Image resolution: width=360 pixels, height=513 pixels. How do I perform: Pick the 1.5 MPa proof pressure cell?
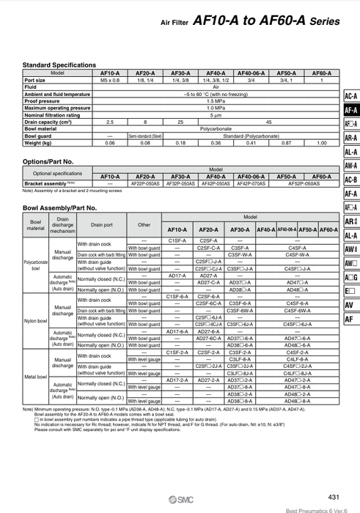tap(216, 101)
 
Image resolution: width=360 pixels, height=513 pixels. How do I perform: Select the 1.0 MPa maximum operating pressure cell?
tap(216, 108)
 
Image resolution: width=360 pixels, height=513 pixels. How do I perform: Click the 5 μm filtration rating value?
tap(216, 115)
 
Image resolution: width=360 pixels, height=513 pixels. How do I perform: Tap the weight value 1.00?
tap(321, 142)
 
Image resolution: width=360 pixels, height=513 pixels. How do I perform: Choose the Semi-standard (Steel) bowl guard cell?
tap(145, 136)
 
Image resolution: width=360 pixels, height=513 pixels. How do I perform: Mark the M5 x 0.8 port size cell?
tap(110, 80)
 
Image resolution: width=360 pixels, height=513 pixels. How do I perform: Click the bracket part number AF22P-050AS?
tap(145, 183)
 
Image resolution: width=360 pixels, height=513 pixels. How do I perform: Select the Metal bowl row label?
tap(34, 377)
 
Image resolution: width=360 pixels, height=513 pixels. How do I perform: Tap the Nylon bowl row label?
tap(34, 320)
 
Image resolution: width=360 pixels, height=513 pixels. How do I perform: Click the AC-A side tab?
tap(350, 97)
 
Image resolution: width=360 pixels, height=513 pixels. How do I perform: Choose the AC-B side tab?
tap(350, 180)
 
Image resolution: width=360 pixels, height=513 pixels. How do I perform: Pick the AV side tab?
tap(350, 305)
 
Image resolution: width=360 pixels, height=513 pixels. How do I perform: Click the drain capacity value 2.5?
tap(110, 122)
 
